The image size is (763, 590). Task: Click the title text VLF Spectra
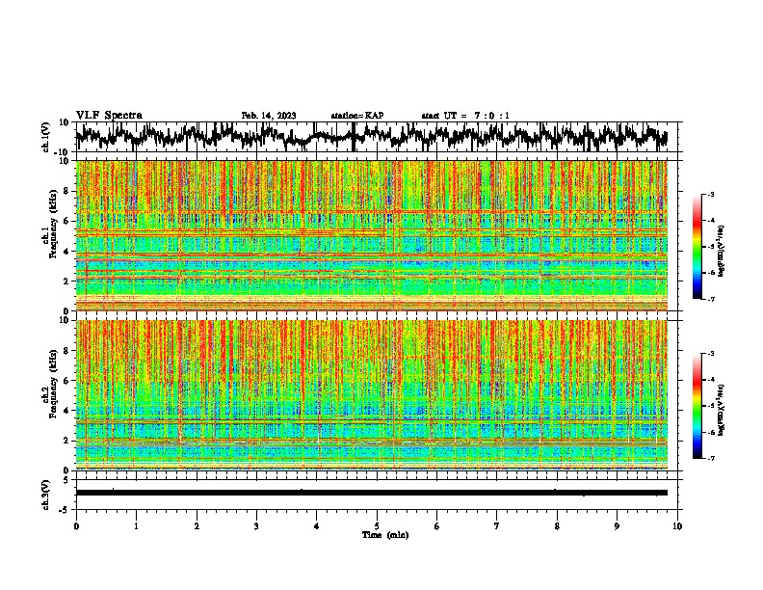109,115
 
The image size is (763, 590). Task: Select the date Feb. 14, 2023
270,116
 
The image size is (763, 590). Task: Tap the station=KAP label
356,116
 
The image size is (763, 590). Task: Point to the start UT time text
465,116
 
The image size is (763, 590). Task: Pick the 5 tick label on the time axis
377,525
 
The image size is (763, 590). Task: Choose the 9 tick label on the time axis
618,525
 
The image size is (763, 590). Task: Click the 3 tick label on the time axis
256,525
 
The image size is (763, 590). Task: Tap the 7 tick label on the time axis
497,525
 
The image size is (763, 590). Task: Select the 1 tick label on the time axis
136,525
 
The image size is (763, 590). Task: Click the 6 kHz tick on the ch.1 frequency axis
68,221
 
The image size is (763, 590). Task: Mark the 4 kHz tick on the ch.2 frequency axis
68,410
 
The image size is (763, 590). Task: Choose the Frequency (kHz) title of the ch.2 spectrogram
56,394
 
